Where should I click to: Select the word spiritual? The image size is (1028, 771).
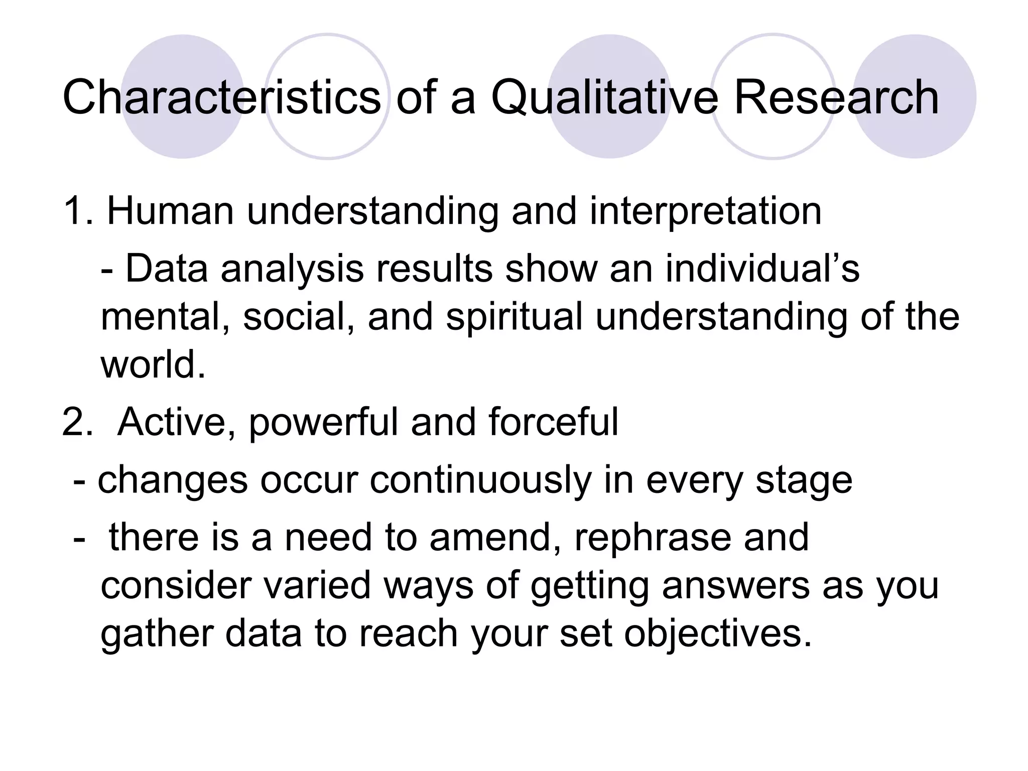point(514,317)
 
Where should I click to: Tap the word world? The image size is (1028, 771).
point(153,364)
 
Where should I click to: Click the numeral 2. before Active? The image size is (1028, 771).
point(78,422)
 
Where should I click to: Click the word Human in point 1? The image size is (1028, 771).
point(171,211)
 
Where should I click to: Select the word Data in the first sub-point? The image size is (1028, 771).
point(166,269)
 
